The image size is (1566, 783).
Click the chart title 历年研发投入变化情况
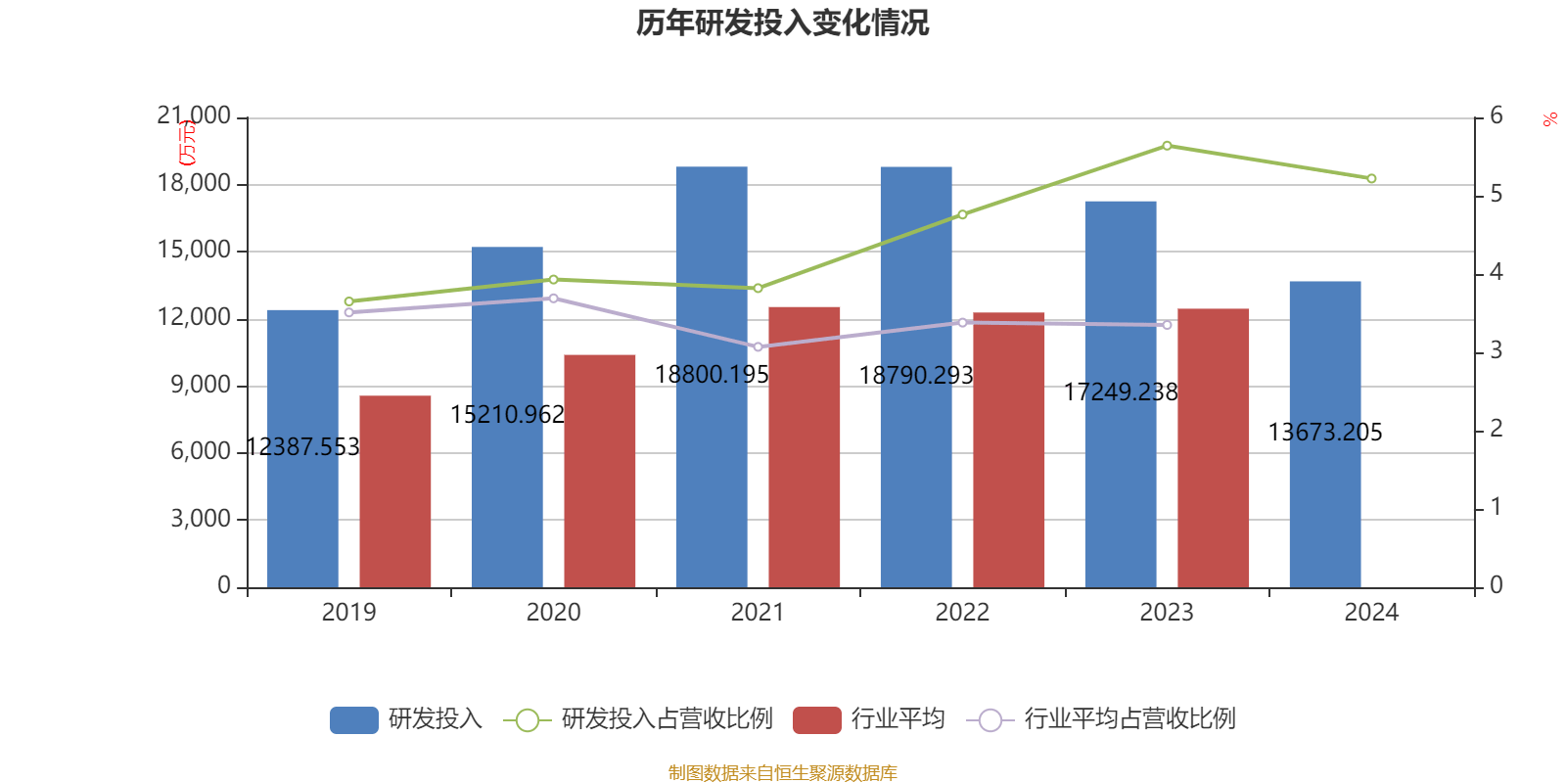pyautogui.click(x=782, y=23)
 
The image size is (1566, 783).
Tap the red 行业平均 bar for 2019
pyautogui.click(x=395, y=489)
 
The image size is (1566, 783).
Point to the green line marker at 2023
pyautogui.click(x=1167, y=146)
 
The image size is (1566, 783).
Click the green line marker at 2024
pyautogui.click(x=1371, y=179)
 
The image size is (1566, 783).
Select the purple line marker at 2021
pyautogui.click(x=758, y=346)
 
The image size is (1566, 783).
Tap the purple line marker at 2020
pyautogui.click(x=553, y=298)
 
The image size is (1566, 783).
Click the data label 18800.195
pyautogui.click(x=712, y=374)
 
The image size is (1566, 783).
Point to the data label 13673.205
pyautogui.click(x=1325, y=432)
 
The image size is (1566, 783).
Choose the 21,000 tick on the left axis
pyautogui.click(x=194, y=116)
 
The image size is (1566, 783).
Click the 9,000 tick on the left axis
pyautogui.click(x=201, y=385)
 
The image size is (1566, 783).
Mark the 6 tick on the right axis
pyautogui.click(x=1496, y=116)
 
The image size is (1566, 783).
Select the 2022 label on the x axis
pyautogui.click(x=962, y=613)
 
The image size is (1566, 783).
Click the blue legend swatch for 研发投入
pyautogui.click(x=353, y=719)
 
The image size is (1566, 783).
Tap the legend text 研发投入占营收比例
pyautogui.click(x=667, y=719)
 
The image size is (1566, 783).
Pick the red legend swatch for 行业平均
pyautogui.click(x=816, y=719)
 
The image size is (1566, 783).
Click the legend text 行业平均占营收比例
pyautogui.click(x=1129, y=719)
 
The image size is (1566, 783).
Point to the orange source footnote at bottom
pyautogui.click(x=782, y=773)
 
